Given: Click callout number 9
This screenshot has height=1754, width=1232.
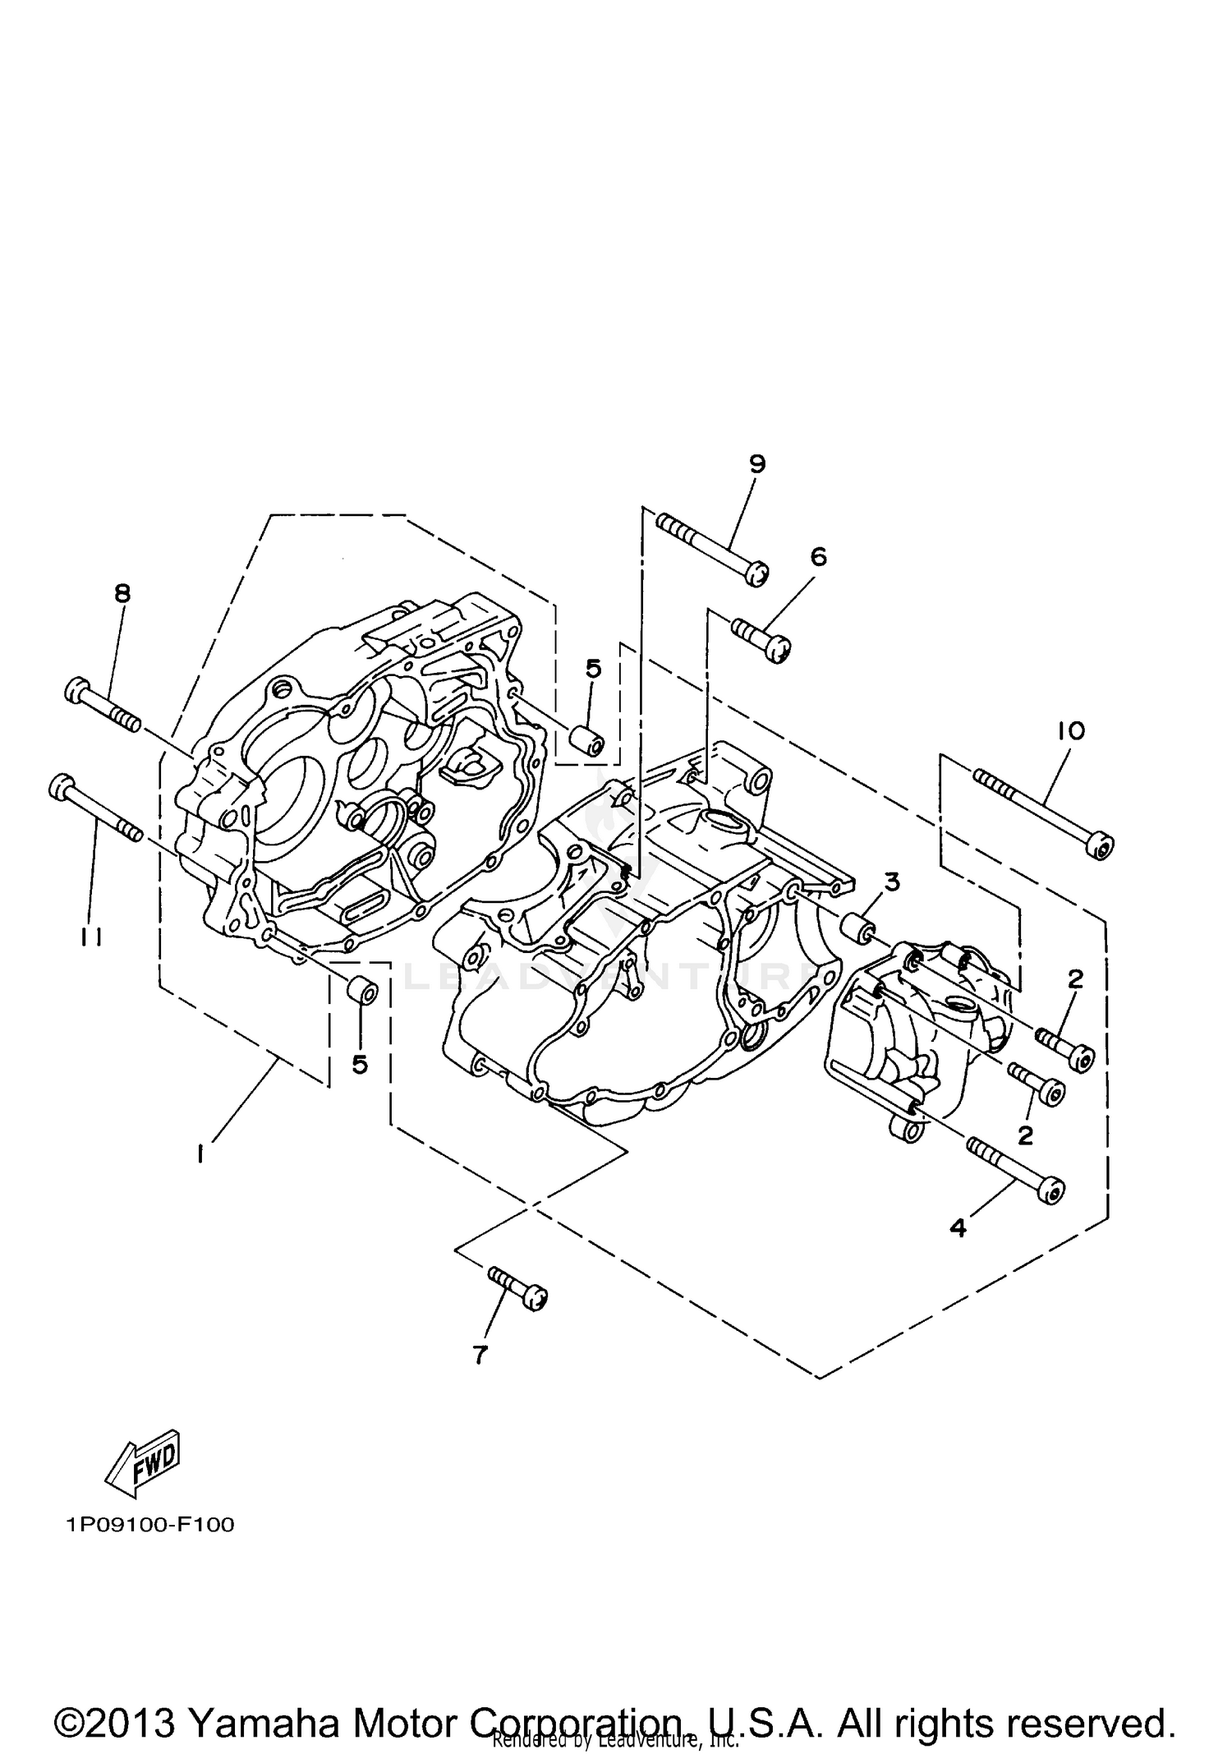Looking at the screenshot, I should pos(757,464).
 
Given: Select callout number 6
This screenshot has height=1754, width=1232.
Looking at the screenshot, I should pos(818,557).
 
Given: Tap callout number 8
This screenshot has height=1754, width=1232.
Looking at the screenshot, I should pos(122,593).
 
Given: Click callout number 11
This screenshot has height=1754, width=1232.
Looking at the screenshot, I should pos(91,936).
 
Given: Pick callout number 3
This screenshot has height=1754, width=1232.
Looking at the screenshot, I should pos(892,882).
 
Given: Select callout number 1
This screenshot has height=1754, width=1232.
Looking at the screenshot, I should pos(200,1154).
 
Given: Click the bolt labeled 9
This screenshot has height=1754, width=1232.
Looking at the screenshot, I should pos(711,548).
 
